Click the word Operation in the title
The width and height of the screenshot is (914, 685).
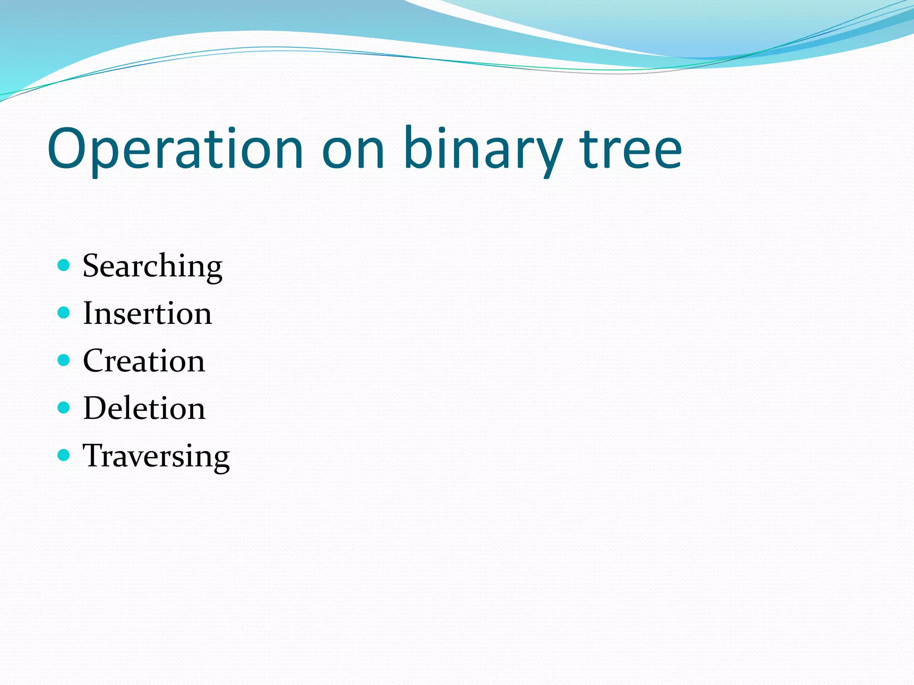point(175,149)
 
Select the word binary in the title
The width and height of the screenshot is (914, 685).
point(482,149)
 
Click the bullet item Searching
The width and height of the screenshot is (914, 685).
point(152,266)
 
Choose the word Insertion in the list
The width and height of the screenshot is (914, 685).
point(147,314)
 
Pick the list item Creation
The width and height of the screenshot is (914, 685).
point(144,361)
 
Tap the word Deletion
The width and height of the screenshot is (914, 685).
point(144,409)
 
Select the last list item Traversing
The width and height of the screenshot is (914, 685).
point(156,456)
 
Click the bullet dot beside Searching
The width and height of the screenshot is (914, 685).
point(64,265)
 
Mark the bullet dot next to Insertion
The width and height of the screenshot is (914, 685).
point(64,313)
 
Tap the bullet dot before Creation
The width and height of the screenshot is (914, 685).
point(64,360)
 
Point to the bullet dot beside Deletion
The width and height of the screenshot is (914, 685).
point(64,408)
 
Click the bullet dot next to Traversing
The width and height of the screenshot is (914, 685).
point(64,455)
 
